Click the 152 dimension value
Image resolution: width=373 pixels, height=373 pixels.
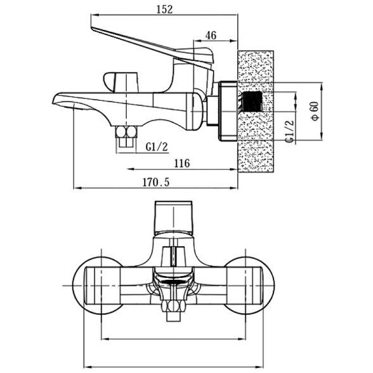point(164,10)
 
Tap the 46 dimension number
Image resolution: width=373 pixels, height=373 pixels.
point(211,36)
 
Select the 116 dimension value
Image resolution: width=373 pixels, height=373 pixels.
point(182,164)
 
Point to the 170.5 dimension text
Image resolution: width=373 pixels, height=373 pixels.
point(156,182)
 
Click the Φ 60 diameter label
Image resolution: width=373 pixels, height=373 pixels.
point(315,111)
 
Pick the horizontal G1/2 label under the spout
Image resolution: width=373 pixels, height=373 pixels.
point(157,147)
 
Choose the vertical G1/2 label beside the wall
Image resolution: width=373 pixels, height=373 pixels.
point(291,131)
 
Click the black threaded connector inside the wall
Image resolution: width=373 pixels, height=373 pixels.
point(252,101)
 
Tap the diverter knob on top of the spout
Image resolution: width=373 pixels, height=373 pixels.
point(121,82)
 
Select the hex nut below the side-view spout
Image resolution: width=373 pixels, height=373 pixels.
point(126,132)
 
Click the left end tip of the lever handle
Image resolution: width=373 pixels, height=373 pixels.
point(91,28)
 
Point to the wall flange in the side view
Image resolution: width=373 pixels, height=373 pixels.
point(228,111)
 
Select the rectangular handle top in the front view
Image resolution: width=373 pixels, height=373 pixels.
point(173,217)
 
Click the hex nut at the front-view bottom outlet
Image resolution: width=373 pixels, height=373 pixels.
point(173,306)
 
